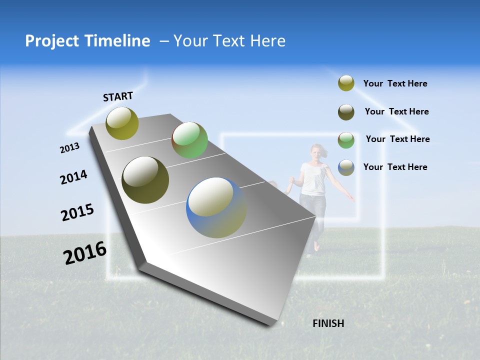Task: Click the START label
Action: [x=118, y=96]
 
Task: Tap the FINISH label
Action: [x=328, y=323]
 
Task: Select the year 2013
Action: [x=69, y=148]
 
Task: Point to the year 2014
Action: [x=73, y=177]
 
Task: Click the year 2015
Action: [x=77, y=212]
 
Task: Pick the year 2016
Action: [x=85, y=253]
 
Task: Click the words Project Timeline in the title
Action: [x=87, y=41]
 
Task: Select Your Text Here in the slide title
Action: [x=229, y=41]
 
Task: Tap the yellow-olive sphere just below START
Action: [x=122, y=123]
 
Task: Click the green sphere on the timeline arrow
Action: [x=189, y=140]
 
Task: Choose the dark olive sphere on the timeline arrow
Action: [x=145, y=180]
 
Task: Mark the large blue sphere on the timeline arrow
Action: [x=216, y=207]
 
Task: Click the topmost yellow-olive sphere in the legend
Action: [x=346, y=83]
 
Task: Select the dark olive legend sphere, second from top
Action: [x=346, y=111]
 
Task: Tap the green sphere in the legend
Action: [x=346, y=139]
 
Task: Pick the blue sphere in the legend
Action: [x=346, y=167]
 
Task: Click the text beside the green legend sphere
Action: [x=397, y=139]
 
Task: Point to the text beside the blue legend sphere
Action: [x=395, y=167]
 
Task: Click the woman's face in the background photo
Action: [x=316, y=151]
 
